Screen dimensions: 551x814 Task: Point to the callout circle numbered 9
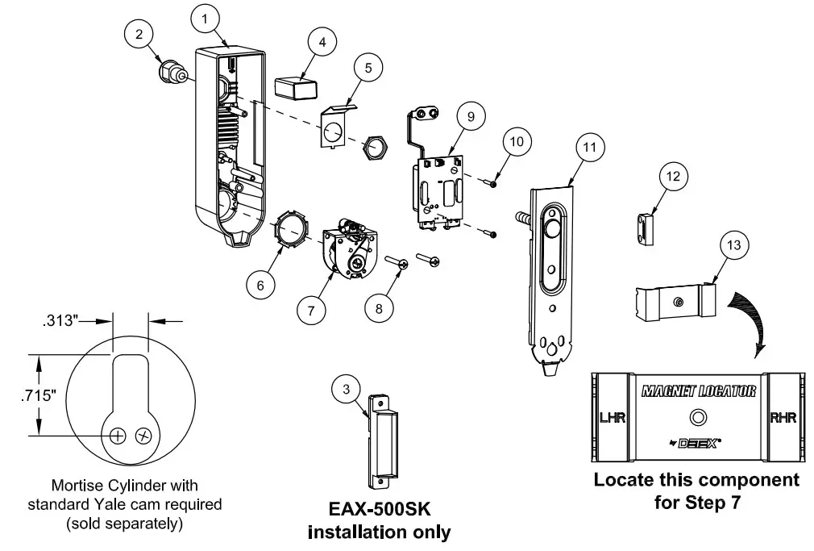[x=469, y=115]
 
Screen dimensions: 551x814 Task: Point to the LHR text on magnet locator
[x=608, y=417]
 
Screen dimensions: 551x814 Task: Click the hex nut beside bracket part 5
[x=375, y=147]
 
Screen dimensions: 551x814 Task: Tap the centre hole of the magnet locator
[x=696, y=418]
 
